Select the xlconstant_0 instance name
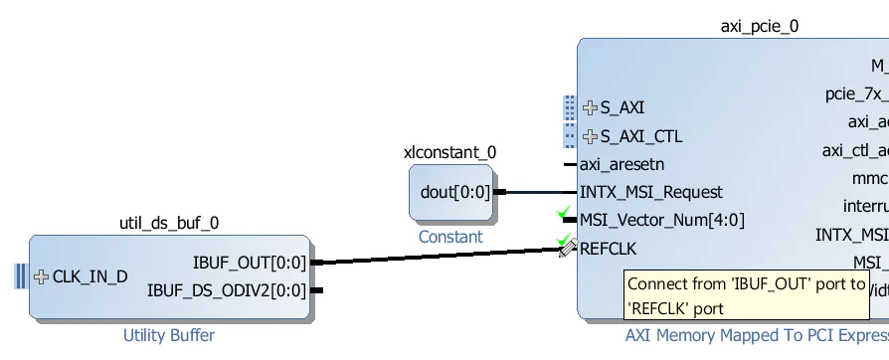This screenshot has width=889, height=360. (x=449, y=152)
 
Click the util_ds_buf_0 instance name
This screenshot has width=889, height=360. (x=169, y=223)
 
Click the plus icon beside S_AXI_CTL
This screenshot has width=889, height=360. (x=590, y=136)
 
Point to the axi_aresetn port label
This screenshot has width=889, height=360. (x=622, y=164)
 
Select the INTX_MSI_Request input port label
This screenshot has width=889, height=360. (x=650, y=192)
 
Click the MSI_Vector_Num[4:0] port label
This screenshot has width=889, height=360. (x=661, y=220)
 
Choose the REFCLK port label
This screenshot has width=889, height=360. (x=608, y=248)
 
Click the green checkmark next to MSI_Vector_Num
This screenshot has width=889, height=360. (x=564, y=213)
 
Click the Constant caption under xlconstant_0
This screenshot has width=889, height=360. (x=449, y=237)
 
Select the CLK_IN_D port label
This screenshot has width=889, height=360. (x=89, y=276)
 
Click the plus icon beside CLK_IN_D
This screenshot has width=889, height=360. (x=41, y=276)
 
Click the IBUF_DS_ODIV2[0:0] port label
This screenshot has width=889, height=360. (x=227, y=290)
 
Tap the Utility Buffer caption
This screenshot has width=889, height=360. (x=168, y=335)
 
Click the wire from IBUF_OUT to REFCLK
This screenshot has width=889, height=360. (x=438, y=257)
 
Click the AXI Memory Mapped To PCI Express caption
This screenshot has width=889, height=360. (x=756, y=335)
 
